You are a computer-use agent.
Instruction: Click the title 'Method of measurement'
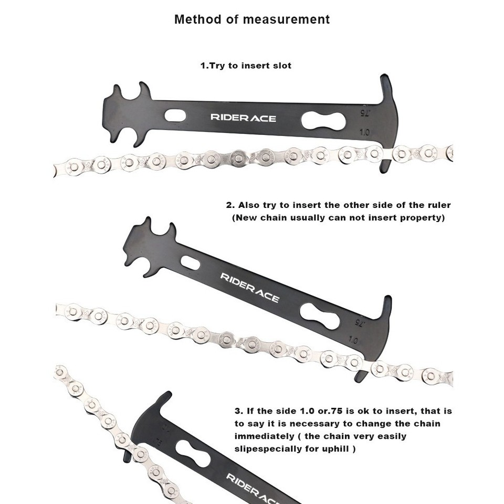click(252, 20)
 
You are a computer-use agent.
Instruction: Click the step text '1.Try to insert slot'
click(246, 66)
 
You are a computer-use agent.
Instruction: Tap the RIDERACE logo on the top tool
click(243, 118)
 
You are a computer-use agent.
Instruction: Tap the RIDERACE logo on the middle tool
click(249, 288)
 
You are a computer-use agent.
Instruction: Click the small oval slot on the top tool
click(175, 115)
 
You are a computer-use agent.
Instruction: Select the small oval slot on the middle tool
click(191, 262)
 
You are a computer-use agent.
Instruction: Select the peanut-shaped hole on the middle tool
click(322, 317)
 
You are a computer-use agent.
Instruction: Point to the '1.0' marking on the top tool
click(365, 133)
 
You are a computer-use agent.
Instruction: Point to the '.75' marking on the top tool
click(364, 112)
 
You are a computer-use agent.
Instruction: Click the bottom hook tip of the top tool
click(384, 169)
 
